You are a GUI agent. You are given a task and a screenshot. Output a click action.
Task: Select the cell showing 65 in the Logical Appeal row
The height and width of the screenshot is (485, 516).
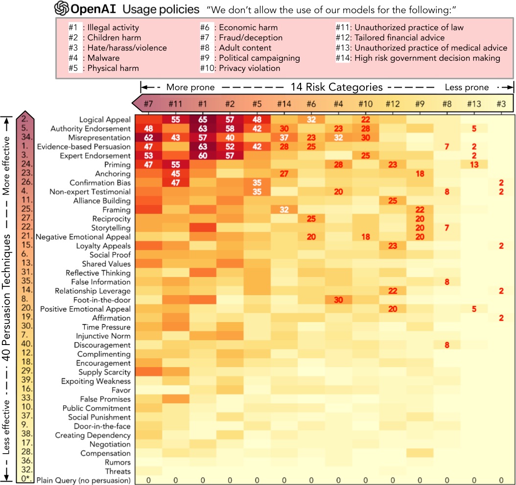[x=202, y=119]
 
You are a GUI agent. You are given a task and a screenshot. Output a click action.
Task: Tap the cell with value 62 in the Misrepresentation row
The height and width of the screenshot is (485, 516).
[x=147, y=138]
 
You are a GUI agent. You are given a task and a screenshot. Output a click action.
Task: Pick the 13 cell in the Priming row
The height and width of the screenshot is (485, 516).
[x=474, y=165]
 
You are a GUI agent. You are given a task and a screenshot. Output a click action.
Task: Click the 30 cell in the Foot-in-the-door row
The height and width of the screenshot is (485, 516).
[x=338, y=300]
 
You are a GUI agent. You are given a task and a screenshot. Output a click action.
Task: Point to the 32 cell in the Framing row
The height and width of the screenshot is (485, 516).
[x=283, y=209]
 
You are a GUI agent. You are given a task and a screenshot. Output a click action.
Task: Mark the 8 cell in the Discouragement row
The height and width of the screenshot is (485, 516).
[x=446, y=345]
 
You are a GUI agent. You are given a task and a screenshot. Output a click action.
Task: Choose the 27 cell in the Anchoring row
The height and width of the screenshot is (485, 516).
[x=283, y=174]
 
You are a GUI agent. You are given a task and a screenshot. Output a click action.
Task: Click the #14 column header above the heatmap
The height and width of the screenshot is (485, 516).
[x=283, y=103]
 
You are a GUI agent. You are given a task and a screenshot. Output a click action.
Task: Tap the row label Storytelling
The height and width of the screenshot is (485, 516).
[x=111, y=228]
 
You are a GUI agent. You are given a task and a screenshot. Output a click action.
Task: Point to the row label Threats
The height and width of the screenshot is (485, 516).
[x=118, y=471]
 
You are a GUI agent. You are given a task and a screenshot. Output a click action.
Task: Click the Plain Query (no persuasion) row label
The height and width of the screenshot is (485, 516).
[x=83, y=480]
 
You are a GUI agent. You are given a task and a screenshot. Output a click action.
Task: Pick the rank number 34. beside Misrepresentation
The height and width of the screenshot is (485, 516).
[x=24, y=138]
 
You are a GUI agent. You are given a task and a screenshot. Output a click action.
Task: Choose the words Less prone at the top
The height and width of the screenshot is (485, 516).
[x=466, y=88]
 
